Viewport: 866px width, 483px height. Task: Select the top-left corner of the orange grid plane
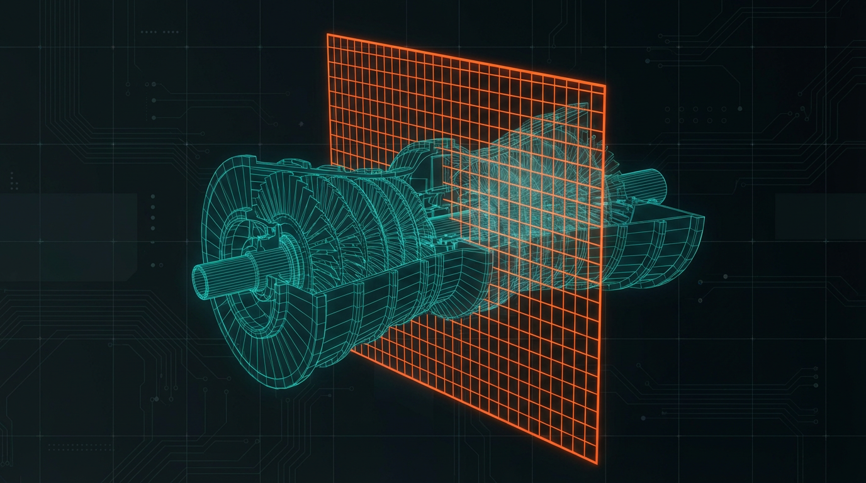coord(327,35)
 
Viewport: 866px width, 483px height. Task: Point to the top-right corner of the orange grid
coord(605,86)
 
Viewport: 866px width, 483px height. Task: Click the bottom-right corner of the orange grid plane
coord(597,464)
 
